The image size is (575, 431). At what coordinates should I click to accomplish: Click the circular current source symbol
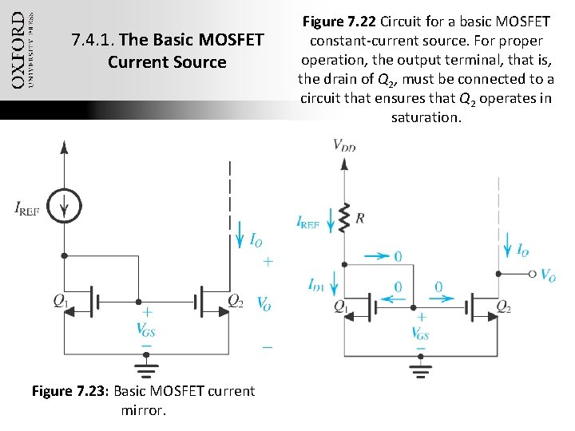pyautogui.click(x=65, y=208)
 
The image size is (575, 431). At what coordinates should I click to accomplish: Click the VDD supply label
pyautogui.click(x=345, y=144)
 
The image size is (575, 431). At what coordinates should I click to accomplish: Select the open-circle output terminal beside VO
pyautogui.click(x=533, y=274)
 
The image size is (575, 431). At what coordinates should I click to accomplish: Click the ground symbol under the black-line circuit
pyautogui.click(x=145, y=367)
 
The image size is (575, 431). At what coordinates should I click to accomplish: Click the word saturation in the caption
pyautogui.click(x=426, y=117)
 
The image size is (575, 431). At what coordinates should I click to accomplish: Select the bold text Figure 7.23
pyautogui.click(x=69, y=391)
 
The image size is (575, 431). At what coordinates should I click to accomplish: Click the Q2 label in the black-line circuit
pyautogui.click(x=236, y=301)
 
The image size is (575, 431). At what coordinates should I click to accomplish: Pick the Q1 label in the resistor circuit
pyautogui.click(x=340, y=306)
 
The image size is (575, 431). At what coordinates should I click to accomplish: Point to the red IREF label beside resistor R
pyautogui.click(x=310, y=224)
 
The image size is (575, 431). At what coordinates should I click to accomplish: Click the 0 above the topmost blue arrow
pyautogui.click(x=397, y=256)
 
